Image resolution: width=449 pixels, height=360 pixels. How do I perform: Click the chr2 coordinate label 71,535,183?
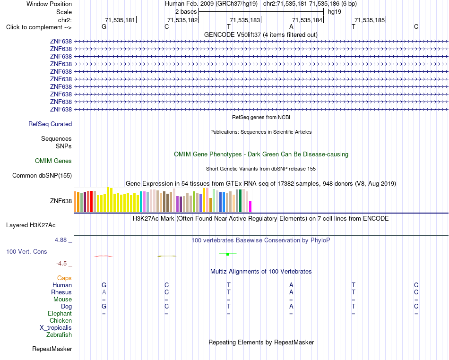point(245,20)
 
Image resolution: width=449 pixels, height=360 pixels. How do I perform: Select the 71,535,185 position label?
point(370,20)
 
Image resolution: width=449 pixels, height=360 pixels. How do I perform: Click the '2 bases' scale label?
point(186,12)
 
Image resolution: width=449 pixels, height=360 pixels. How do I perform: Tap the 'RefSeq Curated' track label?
point(50,124)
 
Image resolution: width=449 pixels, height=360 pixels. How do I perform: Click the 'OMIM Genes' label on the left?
point(53,161)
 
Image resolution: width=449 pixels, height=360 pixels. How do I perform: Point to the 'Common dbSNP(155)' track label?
point(42,175)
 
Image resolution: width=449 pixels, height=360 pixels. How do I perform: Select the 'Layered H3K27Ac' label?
point(31,225)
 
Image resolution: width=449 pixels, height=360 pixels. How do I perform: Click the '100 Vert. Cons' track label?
point(26,251)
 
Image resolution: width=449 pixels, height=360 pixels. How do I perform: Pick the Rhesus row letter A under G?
point(104,292)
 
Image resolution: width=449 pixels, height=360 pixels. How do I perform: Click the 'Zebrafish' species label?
point(59,334)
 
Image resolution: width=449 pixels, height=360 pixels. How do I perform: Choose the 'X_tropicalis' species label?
point(56,328)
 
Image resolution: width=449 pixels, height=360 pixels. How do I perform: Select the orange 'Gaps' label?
point(64,278)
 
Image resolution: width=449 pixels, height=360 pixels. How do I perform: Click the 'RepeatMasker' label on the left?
point(52,349)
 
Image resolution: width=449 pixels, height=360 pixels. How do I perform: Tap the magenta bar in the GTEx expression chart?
point(250,206)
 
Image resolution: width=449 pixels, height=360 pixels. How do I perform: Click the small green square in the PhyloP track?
point(228,254)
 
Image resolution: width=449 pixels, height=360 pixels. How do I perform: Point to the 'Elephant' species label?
point(60,313)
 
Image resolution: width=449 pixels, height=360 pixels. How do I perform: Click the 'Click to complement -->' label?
point(39,27)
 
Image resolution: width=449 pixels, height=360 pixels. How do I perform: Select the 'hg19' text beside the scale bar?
point(335,12)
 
